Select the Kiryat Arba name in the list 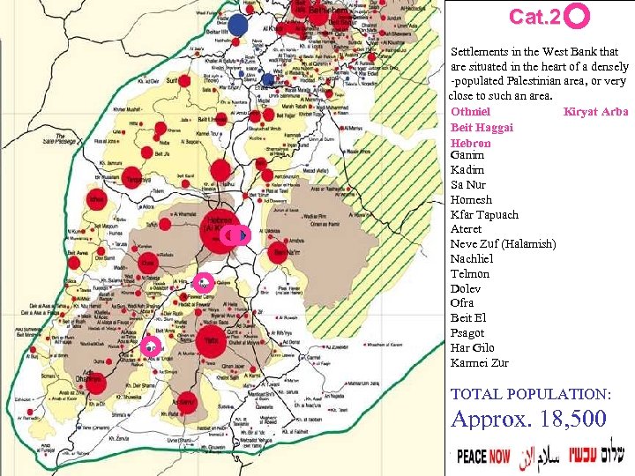[595, 112]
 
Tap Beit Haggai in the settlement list [482, 128]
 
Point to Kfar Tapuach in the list [484, 214]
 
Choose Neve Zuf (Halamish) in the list [503, 243]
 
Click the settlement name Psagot [467, 333]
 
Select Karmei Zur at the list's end [479, 362]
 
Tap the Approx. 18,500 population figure [529, 419]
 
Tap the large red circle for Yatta [210, 343]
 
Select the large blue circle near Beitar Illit [237, 25]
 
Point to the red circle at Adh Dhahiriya [97, 382]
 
